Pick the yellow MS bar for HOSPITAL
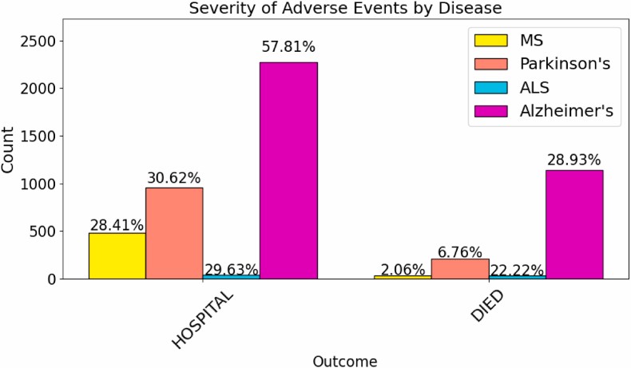pos(117,255)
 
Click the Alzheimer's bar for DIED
pos(574,224)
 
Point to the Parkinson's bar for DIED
pos(460,269)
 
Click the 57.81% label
pos(288,48)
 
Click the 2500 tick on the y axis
pos(52,41)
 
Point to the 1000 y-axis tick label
pos(52,184)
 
